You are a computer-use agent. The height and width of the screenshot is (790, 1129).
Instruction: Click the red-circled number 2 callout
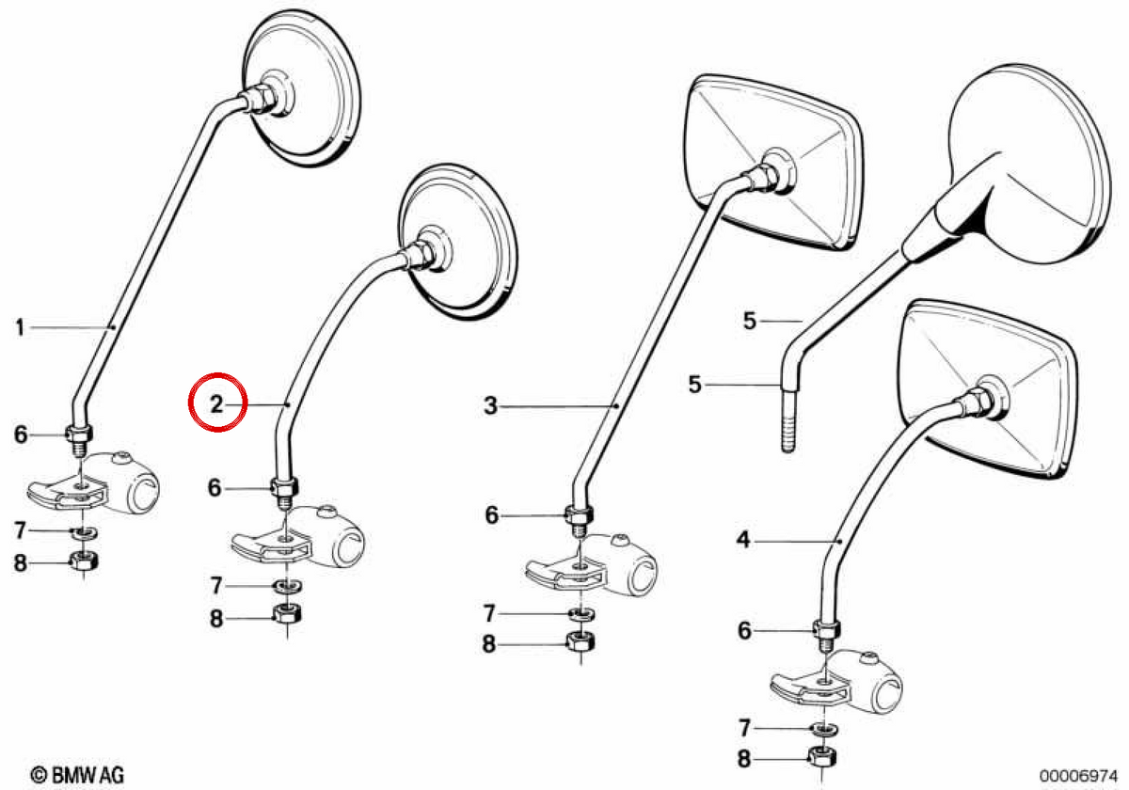click(x=216, y=403)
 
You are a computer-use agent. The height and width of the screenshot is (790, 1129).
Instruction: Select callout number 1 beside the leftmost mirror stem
click(x=20, y=327)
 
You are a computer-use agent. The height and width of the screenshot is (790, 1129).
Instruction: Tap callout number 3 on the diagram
click(x=490, y=405)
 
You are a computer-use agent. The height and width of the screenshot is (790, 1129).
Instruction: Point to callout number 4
click(x=743, y=540)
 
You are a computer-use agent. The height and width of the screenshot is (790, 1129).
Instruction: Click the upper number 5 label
click(x=750, y=321)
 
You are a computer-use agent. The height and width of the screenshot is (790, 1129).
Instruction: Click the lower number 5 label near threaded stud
click(x=695, y=385)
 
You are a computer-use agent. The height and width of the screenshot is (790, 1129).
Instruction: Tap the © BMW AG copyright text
click(x=76, y=775)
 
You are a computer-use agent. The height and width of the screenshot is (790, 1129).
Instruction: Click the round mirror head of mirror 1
click(x=301, y=88)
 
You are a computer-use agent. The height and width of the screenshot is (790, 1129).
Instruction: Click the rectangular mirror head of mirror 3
click(x=774, y=162)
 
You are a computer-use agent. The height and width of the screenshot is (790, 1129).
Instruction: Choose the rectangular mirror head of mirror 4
click(x=987, y=389)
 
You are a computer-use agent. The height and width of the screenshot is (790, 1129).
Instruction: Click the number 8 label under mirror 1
click(x=20, y=562)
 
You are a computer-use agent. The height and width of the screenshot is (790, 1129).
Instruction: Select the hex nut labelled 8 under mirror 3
click(x=580, y=641)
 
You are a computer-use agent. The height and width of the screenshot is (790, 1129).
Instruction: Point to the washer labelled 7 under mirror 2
click(x=287, y=586)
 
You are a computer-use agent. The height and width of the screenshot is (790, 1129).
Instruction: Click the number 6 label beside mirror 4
click(x=744, y=630)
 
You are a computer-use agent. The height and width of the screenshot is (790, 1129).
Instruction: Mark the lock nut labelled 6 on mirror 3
click(x=579, y=515)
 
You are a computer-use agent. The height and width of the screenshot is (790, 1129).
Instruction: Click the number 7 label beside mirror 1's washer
click(x=20, y=530)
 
